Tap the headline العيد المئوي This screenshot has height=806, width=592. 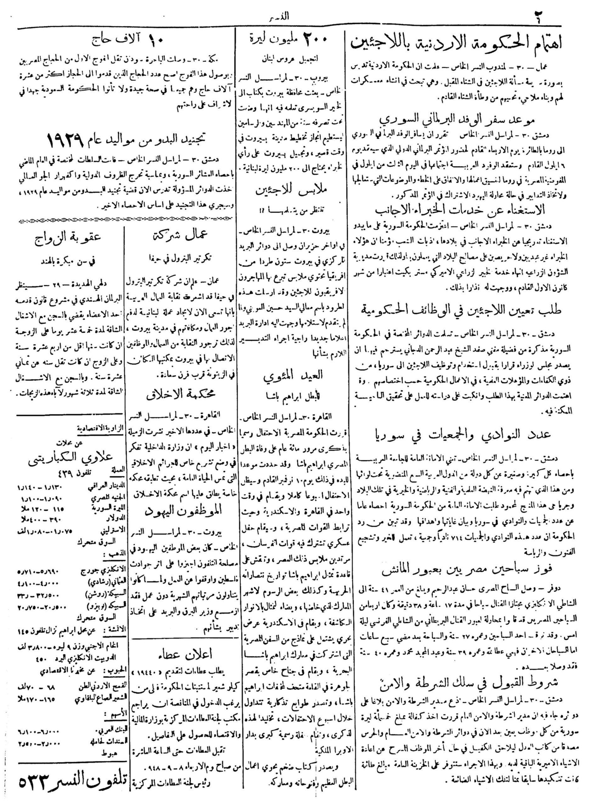(x=292, y=375)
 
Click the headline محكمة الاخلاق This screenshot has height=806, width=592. (x=181, y=394)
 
